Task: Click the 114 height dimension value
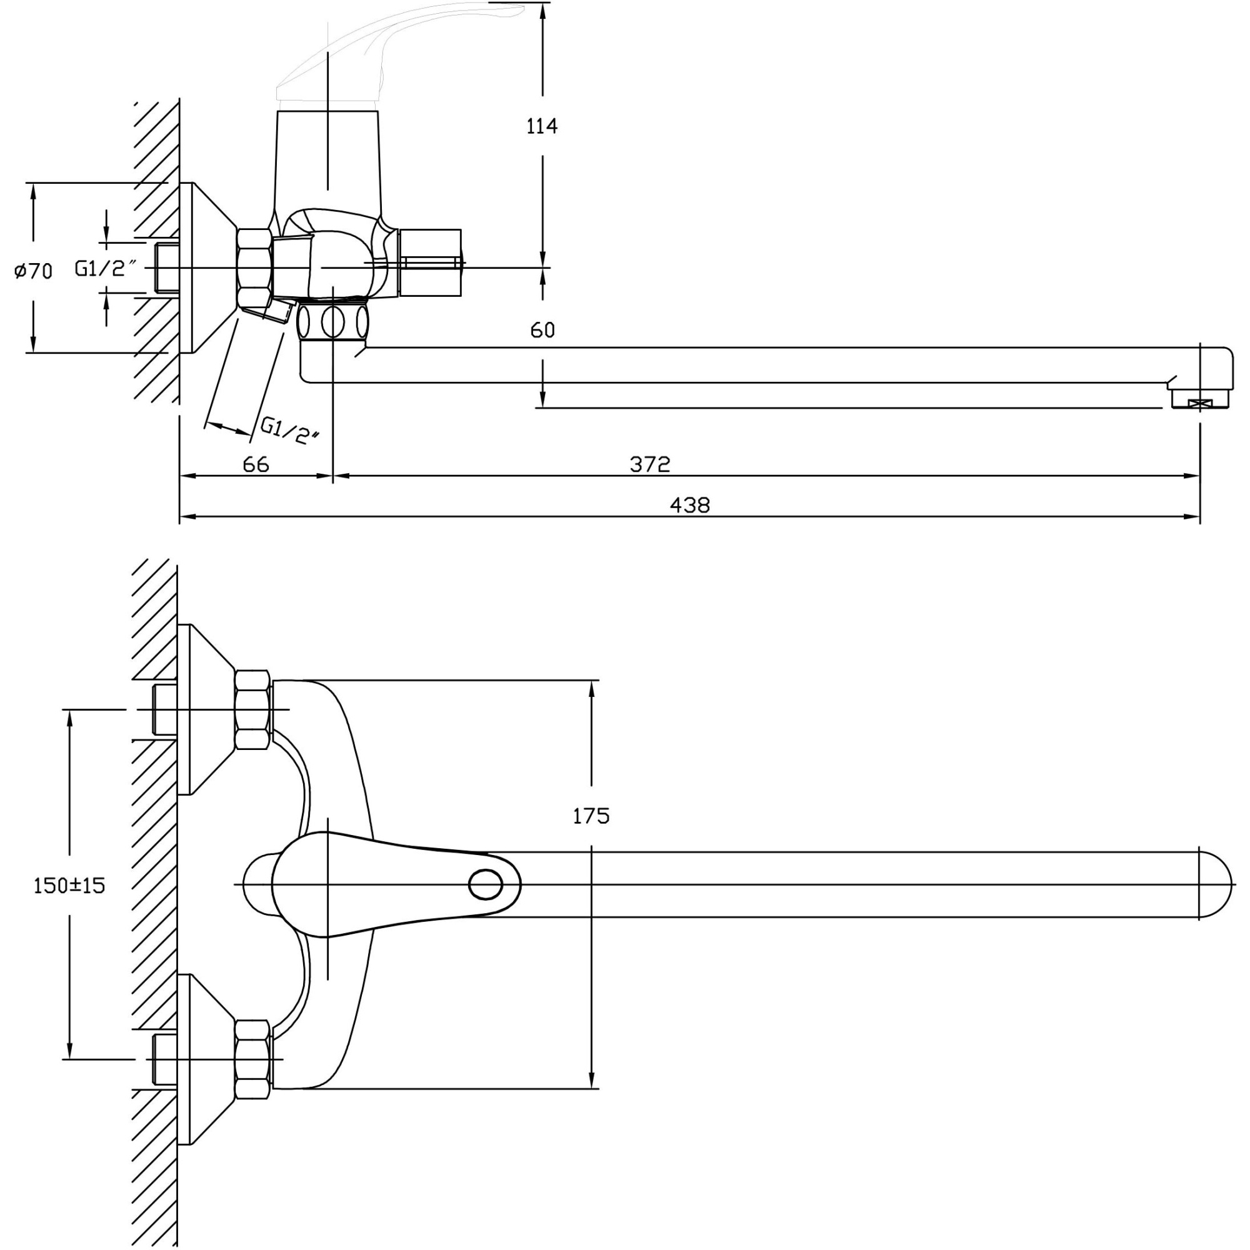click(x=541, y=126)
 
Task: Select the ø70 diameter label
click(x=34, y=271)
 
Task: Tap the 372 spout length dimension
click(x=649, y=464)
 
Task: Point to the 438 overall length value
click(x=690, y=504)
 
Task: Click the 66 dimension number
click(x=256, y=464)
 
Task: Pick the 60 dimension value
click(x=542, y=330)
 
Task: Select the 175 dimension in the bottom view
click(x=591, y=816)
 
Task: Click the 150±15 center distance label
click(x=69, y=886)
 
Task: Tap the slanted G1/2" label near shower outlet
click(x=290, y=430)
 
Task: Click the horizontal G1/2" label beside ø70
click(x=106, y=269)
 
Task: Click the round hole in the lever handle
click(x=485, y=884)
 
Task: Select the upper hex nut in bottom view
click(x=252, y=710)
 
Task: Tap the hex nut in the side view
click(x=254, y=268)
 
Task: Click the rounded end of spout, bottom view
click(x=1215, y=884)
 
